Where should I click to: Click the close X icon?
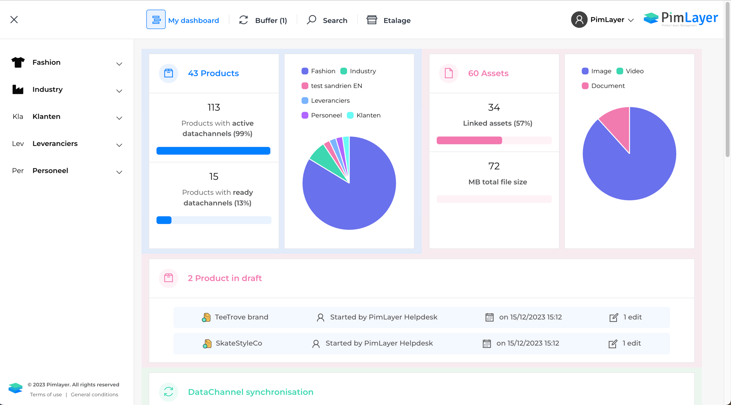pyautogui.click(x=14, y=20)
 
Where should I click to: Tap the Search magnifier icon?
pyautogui.click(x=311, y=20)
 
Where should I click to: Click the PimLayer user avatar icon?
pyautogui.click(x=579, y=20)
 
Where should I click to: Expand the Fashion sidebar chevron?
pyautogui.click(x=119, y=64)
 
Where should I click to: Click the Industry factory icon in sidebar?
pyautogui.click(x=18, y=89)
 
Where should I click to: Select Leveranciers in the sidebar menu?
pyautogui.click(x=55, y=143)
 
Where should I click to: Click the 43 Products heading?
pyautogui.click(x=213, y=73)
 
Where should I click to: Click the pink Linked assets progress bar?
pyautogui.click(x=469, y=140)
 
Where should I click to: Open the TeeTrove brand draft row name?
pyautogui.click(x=241, y=317)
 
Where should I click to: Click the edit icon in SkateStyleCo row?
pyautogui.click(x=613, y=344)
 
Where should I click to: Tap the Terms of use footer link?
pyautogui.click(x=46, y=394)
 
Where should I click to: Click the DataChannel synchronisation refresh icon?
pyautogui.click(x=168, y=392)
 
